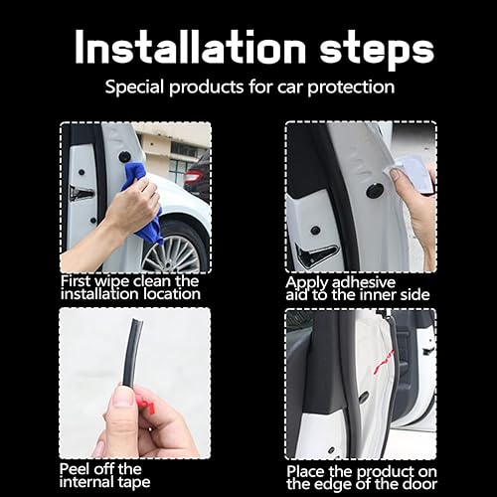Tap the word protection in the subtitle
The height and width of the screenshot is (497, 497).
pyautogui.click(x=345, y=87)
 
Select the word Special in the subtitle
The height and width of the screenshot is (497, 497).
pyautogui.click(x=136, y=87)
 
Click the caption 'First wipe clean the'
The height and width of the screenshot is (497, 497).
pyautogui.click(x=129, y=280)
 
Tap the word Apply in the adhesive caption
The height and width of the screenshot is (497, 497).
pyautogui.click(x=307, y=281)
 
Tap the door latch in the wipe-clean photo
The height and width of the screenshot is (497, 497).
pyautogui.click(x=80, y=192)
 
